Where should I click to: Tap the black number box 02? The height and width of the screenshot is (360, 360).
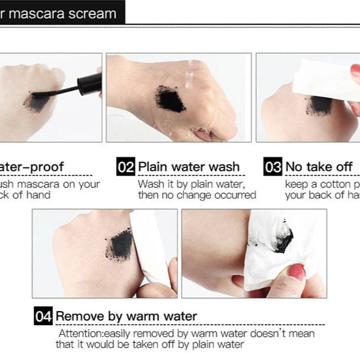pos(126,167)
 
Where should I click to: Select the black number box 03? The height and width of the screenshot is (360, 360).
pos(273,167)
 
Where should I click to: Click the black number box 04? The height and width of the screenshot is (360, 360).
pos(44,316)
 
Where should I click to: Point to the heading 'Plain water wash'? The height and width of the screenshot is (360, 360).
pos(189,167)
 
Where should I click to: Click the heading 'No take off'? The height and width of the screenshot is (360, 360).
pos(319,167)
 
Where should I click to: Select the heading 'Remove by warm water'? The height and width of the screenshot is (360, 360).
pos(126,316)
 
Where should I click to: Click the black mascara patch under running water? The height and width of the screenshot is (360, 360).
pos(170,98)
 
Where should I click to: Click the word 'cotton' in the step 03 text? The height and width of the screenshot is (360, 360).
pos(332,184)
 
